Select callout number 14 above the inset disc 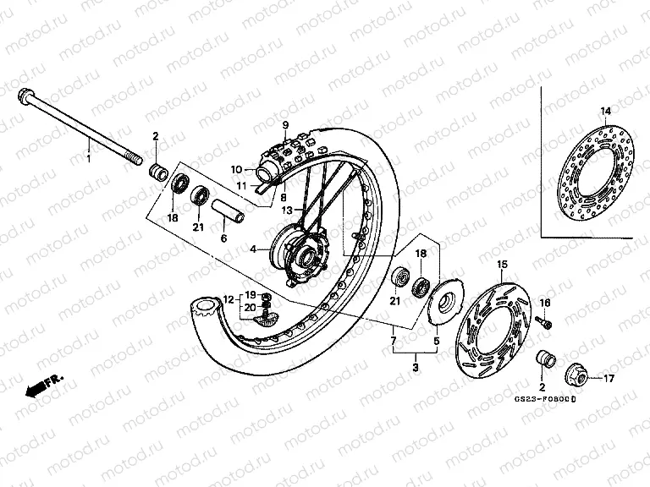pos(605,112)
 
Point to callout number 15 pos(501,265)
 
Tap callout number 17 pos(608,379)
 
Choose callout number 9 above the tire pos(286,127)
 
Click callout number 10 pos(237,168)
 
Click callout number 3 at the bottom pos(416,369)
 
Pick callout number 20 pos(250,308)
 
